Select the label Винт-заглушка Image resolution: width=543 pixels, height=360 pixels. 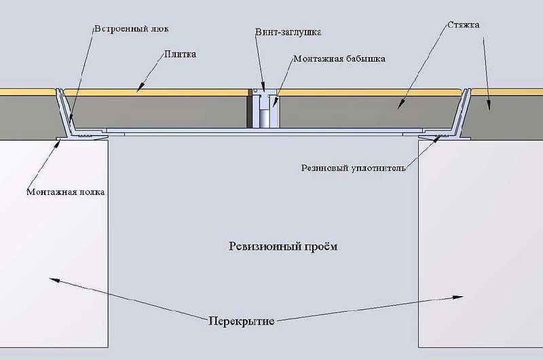point(287,32)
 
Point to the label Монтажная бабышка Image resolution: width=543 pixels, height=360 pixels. point(339,59)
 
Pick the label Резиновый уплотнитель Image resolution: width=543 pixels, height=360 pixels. point(353,167)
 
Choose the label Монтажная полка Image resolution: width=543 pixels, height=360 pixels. point(66,192)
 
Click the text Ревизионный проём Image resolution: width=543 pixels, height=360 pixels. point(283,247)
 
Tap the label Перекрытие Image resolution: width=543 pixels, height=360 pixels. point(242,321)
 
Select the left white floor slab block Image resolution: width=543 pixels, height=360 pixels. point(54,245)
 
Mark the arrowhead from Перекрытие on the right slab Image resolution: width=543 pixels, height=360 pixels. point(460,297)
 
